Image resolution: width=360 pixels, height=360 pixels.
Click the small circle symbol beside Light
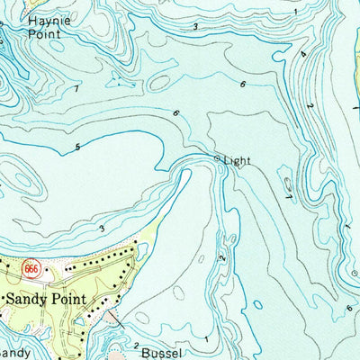[x=217, y=159]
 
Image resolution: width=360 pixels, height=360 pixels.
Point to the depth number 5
[x=78, y=147]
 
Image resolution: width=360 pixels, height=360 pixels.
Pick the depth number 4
[x=304, y=54]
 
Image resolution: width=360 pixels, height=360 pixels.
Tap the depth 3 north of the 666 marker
[x=102, y=229]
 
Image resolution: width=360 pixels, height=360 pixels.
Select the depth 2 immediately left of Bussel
[x=136, y=346]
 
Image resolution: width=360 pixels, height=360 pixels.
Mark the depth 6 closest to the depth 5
[x=176, y=113]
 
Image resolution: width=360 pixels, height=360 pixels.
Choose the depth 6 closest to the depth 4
[x=242, y=84]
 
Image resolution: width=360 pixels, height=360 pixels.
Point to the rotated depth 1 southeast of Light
[x=288, y=190]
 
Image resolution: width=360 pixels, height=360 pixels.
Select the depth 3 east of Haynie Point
[x=195, y=27]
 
